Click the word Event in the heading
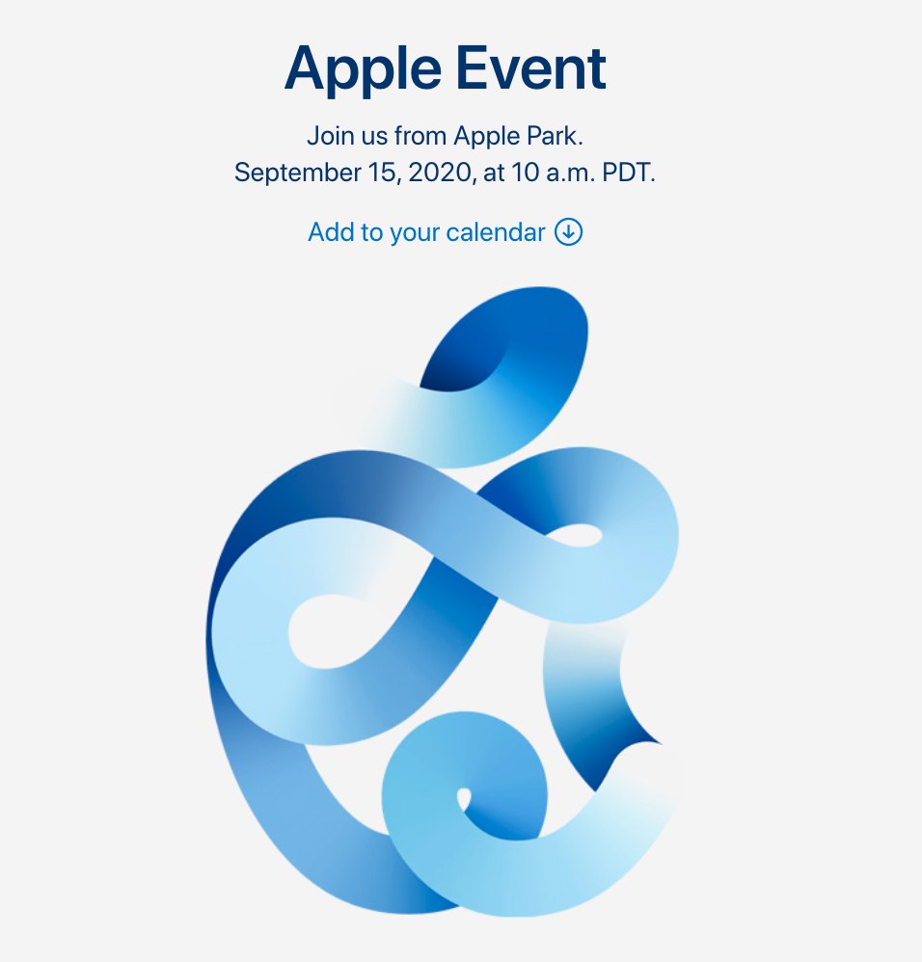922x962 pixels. pos(531,68)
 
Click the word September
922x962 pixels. pos(298,174)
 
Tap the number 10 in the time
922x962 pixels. pos(526,173)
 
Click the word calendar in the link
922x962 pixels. pos(496,232)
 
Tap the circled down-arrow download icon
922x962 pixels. pos(568,232)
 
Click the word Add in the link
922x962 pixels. pos(332,232)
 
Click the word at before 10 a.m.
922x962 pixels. pos(494,174)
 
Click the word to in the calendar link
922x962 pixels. pos(372,233)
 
